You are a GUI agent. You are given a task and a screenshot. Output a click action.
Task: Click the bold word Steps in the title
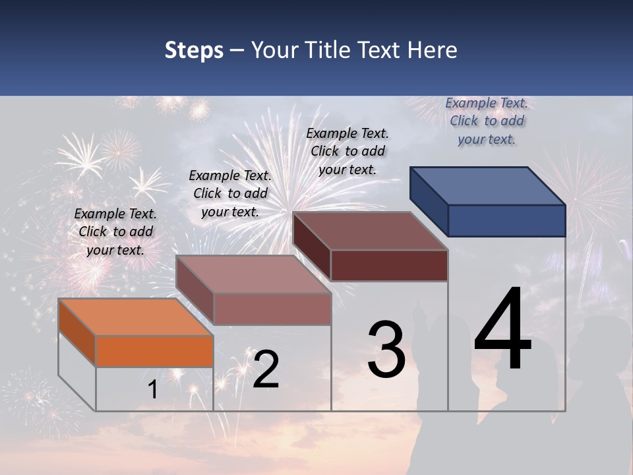[194, 50]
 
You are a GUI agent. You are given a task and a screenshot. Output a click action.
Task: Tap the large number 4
[502, 330]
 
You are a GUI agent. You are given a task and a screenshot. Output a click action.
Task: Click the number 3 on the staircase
[386, 350]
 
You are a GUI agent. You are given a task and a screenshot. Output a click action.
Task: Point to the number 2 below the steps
[266, 369]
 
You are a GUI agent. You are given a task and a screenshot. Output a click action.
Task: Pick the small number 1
[152, 390]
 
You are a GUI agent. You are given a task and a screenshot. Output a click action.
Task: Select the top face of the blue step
[488, 185]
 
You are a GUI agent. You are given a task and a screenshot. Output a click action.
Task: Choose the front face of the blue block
[506, 220]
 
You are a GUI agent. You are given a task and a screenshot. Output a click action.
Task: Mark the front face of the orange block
[154, 351]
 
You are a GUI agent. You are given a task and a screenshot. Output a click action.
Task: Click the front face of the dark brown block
[389, 265]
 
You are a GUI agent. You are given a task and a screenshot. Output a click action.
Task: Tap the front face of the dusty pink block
[272, 309]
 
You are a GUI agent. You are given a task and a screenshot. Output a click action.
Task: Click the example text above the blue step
[487, 121]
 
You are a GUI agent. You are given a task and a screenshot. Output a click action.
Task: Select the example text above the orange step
[115, 232]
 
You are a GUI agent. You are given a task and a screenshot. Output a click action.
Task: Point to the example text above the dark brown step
[347, 151]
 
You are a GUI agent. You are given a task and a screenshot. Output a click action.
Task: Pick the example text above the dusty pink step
[230, 193]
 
